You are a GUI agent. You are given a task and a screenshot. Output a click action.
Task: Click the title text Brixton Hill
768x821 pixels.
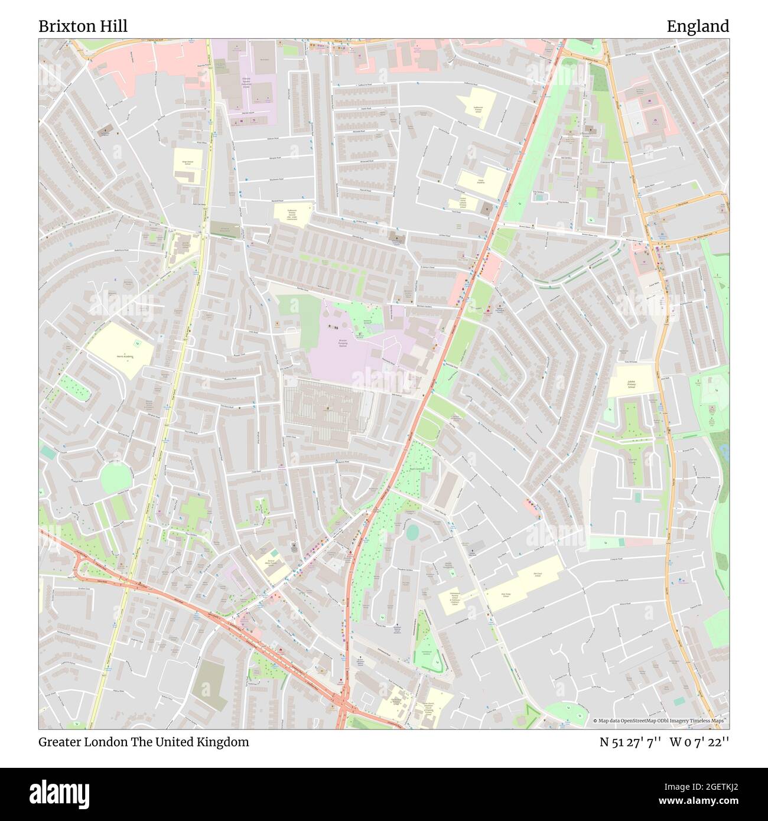coord(83,27)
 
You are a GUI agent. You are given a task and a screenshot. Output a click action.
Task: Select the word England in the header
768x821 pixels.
coord(698,27)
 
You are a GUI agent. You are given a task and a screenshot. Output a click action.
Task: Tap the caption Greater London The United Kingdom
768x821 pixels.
coord(144,742)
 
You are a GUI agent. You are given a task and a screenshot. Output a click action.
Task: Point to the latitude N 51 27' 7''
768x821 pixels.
coord(630,742)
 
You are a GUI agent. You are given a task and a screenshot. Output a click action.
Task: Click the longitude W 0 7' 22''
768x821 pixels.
coord(699,742)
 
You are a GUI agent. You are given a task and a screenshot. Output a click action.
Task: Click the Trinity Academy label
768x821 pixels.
coord(481,182)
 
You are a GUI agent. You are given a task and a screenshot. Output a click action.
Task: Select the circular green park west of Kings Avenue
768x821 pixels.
coord(115,478)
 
